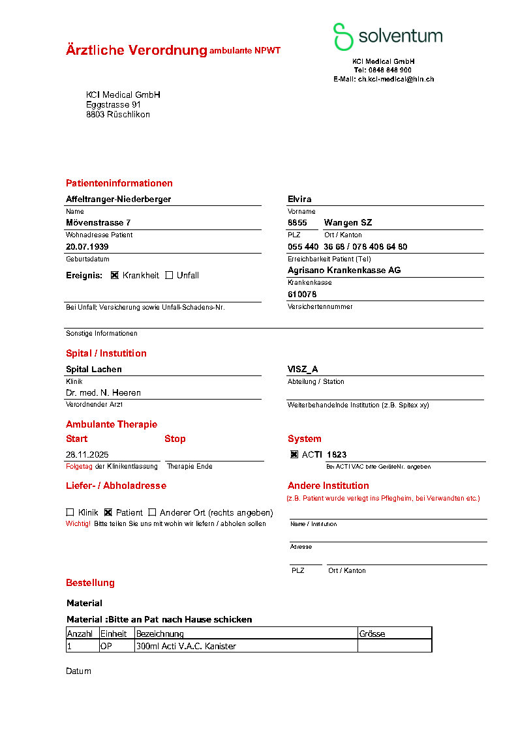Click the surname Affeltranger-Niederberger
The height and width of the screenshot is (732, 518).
(x=118, y=199)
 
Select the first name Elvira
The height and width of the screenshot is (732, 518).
(x=299, y=199)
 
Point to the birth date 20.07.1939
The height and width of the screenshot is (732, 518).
(x=87, y=247)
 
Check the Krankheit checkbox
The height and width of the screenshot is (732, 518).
(x=115, y=275)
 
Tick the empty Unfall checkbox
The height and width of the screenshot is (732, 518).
(x=169, y=275)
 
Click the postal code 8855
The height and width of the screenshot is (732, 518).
(x=297, y=223)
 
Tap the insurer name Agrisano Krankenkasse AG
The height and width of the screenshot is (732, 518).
(x=344, y=270)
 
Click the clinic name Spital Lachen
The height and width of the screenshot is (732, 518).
(x=94, y=370)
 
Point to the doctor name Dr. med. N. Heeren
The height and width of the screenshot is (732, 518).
(x=103, y=393)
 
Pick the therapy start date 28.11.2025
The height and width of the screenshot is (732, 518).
(x=87, y=454)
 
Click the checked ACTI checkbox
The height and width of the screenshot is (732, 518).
(x=294, y=454)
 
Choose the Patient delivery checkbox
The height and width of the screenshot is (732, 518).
(x=108, y=512)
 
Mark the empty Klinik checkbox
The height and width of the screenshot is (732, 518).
(x=70, y=512)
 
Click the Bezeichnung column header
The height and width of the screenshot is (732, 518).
(x=160, y=634)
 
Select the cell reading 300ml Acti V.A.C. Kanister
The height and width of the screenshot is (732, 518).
(x=186, y=647)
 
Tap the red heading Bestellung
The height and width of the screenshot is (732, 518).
(x=90, y=583)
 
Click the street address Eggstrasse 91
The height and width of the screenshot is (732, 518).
(x=113, y=105)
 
